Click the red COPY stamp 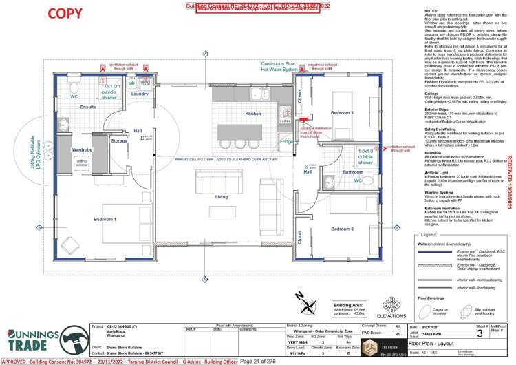click(x=65, y=13)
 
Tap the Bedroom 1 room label click(x=105, y=219)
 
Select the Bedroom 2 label click(x=341, y=228)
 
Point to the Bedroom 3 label click(x=341, y=112)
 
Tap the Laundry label click(x=140, y=94)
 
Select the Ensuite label click(x=88, y=107)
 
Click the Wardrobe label click(x=82, y=149)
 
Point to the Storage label click(x=118, y=140)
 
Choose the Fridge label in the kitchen click(x=286, y=141)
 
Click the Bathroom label click(x=352, y=171)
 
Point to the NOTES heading click(x=432, y=12)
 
